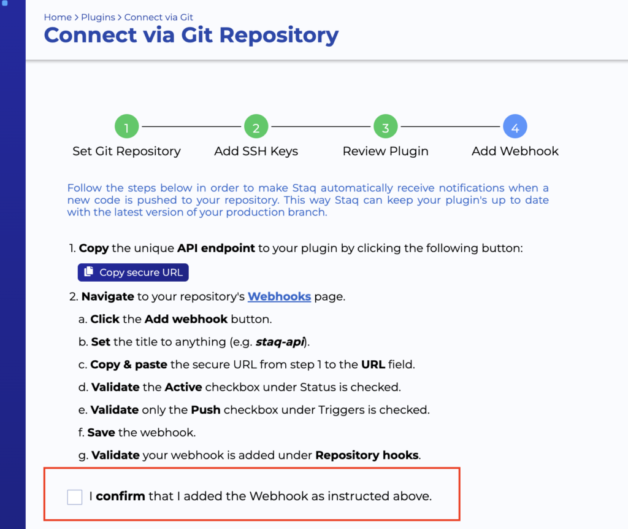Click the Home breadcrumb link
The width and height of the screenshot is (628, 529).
[58, 17]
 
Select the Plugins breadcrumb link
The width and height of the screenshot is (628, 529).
[98, 17]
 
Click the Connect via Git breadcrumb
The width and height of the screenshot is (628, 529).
[159, 17]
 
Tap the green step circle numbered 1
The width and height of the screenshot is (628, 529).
[126, 126]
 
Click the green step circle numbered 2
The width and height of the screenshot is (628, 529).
[256, 126]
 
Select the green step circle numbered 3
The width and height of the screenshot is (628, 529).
[386, 126]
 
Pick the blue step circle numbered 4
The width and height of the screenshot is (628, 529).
[515, 126]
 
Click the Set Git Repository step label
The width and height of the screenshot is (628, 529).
[126, 152]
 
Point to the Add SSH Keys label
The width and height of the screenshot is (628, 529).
[256, 152]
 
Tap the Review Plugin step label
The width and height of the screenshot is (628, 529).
[386, 152]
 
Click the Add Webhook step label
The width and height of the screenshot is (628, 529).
[515, 151]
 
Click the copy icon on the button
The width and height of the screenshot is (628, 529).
[88, 272]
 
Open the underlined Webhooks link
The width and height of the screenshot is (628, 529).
[279, 296]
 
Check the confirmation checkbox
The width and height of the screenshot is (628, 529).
[75, 497]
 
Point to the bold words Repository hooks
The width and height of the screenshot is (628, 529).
[367, 455]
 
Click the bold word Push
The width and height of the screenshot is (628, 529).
[206, 410]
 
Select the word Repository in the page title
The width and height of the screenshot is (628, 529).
[279, 36]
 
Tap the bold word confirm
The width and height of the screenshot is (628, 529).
[121, 496]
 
